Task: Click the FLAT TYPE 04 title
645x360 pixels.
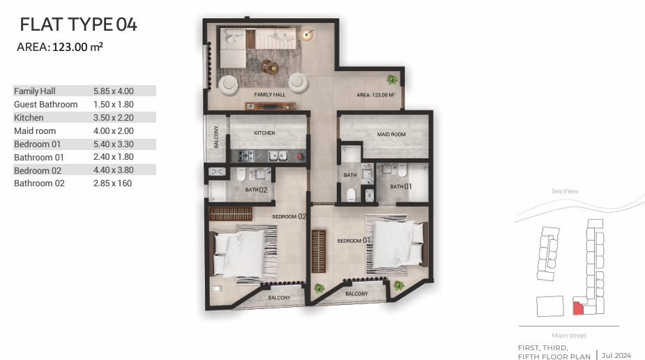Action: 78,24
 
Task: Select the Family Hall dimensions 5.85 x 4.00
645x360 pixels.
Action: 114,91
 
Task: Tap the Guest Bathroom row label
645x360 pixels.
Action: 45,105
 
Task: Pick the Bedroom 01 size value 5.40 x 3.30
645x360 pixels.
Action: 114,144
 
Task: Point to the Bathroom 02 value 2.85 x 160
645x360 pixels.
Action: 113,183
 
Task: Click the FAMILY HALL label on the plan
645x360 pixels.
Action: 270,95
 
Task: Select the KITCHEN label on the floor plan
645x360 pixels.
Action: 264,133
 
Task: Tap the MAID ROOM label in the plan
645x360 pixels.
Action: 391,135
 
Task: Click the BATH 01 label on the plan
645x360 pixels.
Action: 401,186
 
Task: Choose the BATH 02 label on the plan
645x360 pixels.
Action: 257,190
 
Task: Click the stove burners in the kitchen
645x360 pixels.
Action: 246,156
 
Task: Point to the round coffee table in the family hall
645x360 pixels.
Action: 271,67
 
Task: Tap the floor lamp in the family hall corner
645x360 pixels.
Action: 307,33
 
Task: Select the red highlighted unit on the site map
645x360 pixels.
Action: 578,308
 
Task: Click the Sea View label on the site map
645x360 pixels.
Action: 565,191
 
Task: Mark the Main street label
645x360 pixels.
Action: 569,336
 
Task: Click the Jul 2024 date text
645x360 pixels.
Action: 616,356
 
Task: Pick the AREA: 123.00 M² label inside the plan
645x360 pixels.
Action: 376,95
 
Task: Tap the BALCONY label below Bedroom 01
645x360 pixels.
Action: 356,294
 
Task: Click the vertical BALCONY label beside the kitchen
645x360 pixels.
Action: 216,137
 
